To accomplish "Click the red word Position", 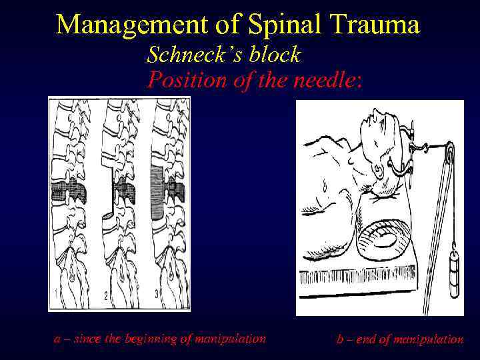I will tap(181, 80).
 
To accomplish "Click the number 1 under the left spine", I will tap(55, 293).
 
